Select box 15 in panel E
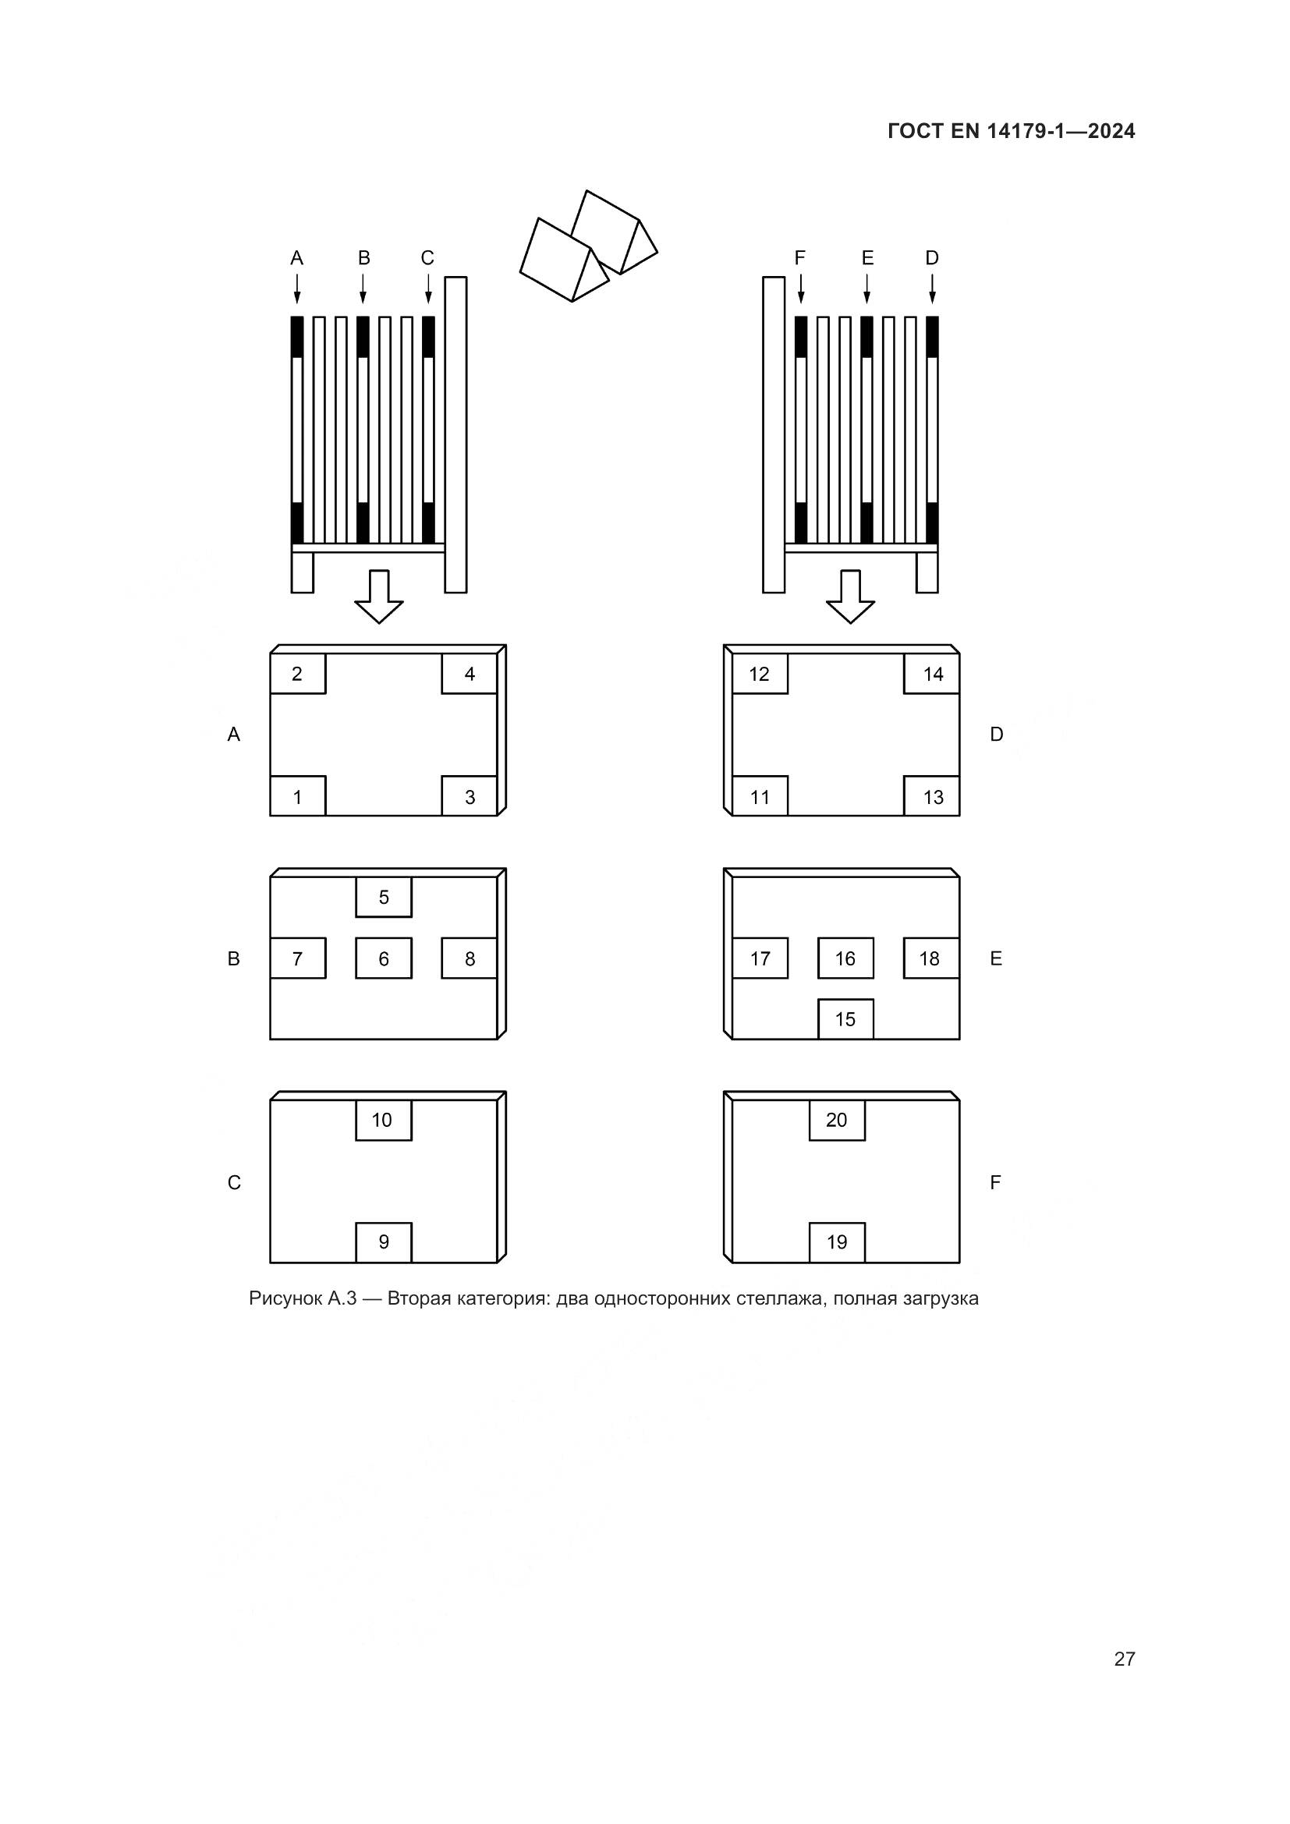coord(846,1018)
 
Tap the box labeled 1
coord(298,796)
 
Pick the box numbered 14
coord(932,674)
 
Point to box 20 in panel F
coord(837,1120)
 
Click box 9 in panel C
coord(384,1242)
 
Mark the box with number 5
coord(384,897)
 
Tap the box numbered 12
coord(760,674)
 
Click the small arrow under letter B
coord(363,289)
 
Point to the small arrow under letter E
coord(866,289)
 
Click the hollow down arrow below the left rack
coord(379,597)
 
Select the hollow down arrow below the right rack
coord(851,597)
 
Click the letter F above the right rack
coord(800,257)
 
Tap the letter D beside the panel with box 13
coord(997,734)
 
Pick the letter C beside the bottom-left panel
coord(234,1183)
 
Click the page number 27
coord(1125,1659)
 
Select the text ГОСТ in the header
coord(916,131)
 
